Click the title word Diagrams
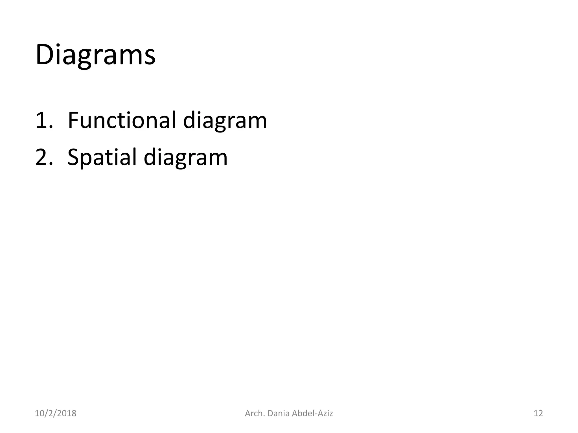click(x=95, y=55)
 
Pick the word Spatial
click(x=102, y=158)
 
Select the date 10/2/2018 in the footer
click(x=55, y=413)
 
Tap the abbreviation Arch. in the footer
click(x=255, y=413)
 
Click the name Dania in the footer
click(x=278, y=413)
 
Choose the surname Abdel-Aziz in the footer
click(x=312, y=413)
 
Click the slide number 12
click(x=538, y=413)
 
